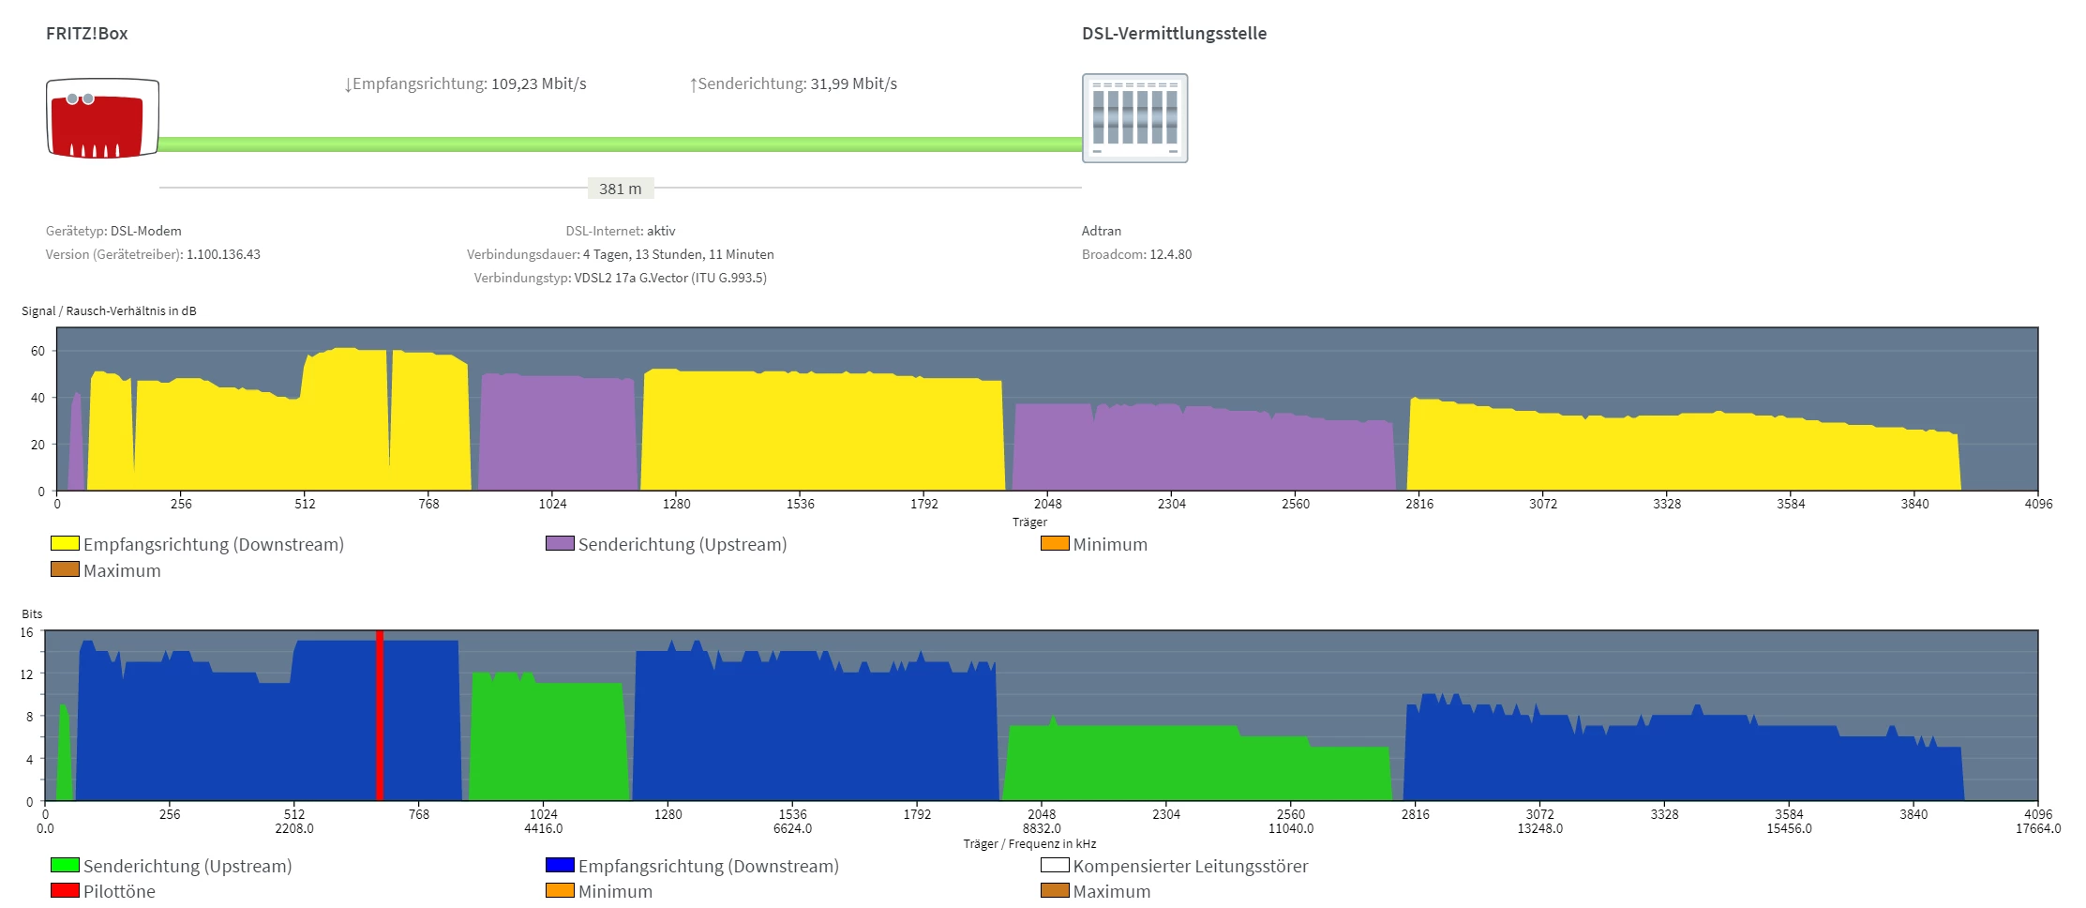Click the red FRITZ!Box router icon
click(x=102, y=119)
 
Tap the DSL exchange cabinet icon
click(x=1134, y=118)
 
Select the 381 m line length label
click(x=621, y=189)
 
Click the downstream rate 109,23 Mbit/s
click(x=538, y=83)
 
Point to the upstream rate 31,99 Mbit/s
click(x=853, y=83)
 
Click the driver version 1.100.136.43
click(x=223, y=254)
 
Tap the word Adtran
click(x=1102, y=231)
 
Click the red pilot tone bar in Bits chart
click(x=380, y=715)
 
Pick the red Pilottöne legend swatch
click(x=65, y=890)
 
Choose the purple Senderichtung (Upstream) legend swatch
click(x=560, y=543)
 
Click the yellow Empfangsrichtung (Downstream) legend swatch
click(x=65, y=543)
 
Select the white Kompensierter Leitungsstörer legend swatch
click(x=1055, y=865)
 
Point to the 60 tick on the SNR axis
click(x=38, y=351)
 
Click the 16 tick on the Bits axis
click(x=27, y=632)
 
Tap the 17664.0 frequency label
click(x=2037, y=828)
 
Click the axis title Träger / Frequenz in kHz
click(x=1029, y=843)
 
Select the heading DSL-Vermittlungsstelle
click(x=1174, y=34)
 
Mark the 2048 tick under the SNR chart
click(x=1047, y=504)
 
